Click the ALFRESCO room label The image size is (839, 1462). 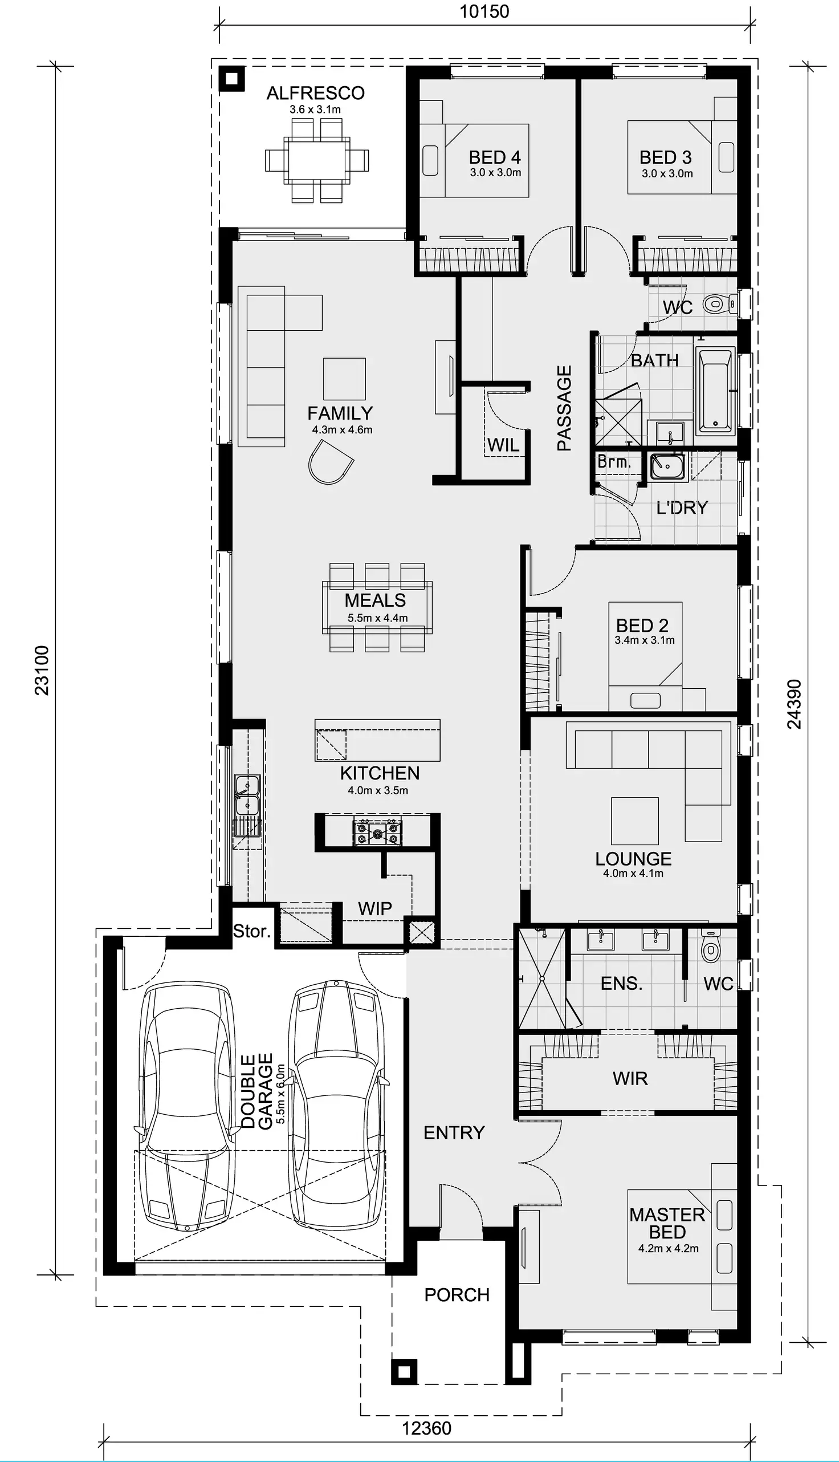(x=315, y=93)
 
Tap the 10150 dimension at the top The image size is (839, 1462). (x=484, y=11)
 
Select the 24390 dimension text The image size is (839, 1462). (x=794, y=704)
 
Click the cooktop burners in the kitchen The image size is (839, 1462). (x=377, y=832)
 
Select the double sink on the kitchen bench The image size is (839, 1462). (x=247, y=795)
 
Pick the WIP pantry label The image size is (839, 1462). (x=374, y=909)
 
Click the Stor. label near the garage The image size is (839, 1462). (x=251, y=931)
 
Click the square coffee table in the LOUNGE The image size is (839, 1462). (x=634, y=821)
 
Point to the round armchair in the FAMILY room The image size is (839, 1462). (x=330, y=462)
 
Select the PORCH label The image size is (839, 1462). (x=457, y=1295)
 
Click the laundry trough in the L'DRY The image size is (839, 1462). (x=667, y=466)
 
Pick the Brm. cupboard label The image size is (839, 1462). (x=614, y=462)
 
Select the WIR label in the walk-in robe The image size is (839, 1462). (x=630, y=1078)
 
